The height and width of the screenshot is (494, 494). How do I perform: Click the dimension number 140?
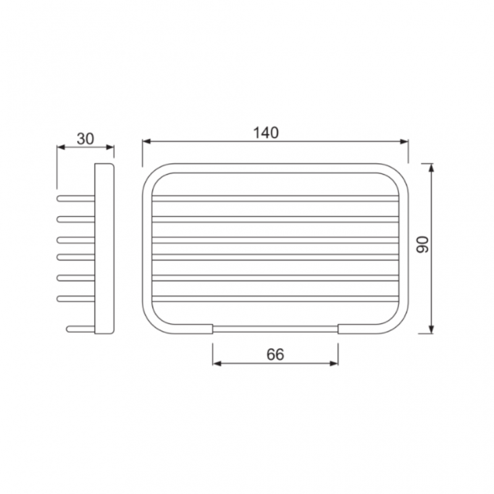pos(266,132)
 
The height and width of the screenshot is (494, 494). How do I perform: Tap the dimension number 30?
pos(85,138)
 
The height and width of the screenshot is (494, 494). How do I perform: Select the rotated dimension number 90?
pos(423,246)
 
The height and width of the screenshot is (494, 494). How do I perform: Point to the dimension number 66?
pos(275,354)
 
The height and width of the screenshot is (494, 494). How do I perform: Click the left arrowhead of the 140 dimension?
pos(146,142)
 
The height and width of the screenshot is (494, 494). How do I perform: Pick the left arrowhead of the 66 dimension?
pos(216,363)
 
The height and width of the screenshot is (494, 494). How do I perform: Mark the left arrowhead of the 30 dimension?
pos(60,147)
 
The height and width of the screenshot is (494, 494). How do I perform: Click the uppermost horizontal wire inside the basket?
pos(275,199)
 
